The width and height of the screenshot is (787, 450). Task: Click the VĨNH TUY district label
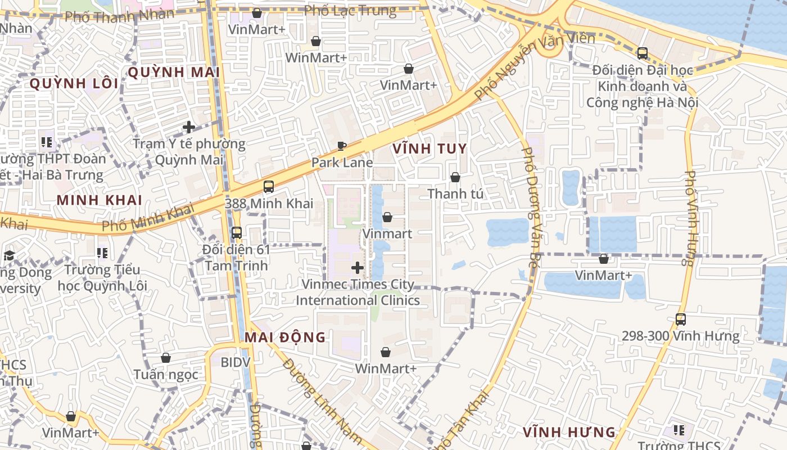coord(430,149)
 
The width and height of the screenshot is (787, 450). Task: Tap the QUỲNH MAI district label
coord(174,73)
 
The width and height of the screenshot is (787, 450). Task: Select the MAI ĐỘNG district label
coord(285,337)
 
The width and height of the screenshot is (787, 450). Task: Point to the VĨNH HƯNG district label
coord(569,433)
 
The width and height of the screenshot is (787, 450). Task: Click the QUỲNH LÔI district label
coord(74,84)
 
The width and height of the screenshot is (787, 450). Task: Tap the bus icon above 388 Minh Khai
coord(269,187)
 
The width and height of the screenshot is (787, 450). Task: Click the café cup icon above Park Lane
coord(342,146)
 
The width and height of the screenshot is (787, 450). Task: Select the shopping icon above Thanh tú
coord(455,177)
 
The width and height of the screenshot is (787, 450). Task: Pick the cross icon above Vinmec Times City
coord(357,268)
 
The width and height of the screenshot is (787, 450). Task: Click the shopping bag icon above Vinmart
coord(387,217)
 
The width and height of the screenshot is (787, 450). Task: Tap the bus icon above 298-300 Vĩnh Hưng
coord(681,319)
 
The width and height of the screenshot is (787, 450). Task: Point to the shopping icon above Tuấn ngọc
coord(166,358)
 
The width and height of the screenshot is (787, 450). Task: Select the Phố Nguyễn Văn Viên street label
coord(534,65)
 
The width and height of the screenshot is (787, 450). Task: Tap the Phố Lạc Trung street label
coord(350,10)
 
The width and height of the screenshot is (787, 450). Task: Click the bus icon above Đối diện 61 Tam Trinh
coord(237,232)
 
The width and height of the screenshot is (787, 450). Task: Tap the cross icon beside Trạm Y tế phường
coord(189,127)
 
